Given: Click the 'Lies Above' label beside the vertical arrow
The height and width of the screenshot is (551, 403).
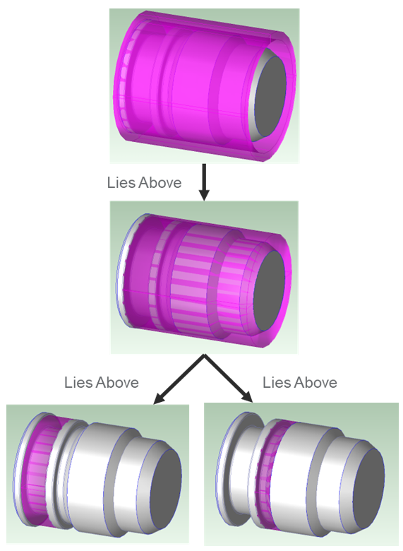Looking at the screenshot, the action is pyautogui.click(x=144, y=183).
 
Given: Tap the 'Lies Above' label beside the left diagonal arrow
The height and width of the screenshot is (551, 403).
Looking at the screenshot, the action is pyautogui.click(x=102, y=382).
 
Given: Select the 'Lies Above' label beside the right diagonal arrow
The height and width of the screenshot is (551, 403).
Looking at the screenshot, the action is pyautogui.click(x=300, y=382).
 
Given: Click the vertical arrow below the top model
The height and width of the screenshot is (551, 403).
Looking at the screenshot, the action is pyautogui.click(x=204, y=182).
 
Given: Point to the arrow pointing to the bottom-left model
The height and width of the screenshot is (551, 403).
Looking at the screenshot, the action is pyautogui.click(x=179, y=379).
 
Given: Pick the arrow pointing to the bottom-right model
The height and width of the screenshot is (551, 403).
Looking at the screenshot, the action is pyautogui.click(x=229, y=378).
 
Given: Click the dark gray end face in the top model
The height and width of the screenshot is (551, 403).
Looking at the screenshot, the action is pyautogui.click(x=270, y=97).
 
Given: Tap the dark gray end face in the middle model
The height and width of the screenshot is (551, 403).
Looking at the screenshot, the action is pyautogui.click(x=269, y=290).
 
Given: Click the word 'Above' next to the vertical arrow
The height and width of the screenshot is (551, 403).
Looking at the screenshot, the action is pyautogui.click(x=160, y=183).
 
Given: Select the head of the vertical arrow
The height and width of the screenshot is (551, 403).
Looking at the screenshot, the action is pyautogui.click(x=204, y=195).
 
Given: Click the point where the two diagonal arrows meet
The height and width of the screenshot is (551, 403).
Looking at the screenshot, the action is pyautogui.click(x=204, y=355).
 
